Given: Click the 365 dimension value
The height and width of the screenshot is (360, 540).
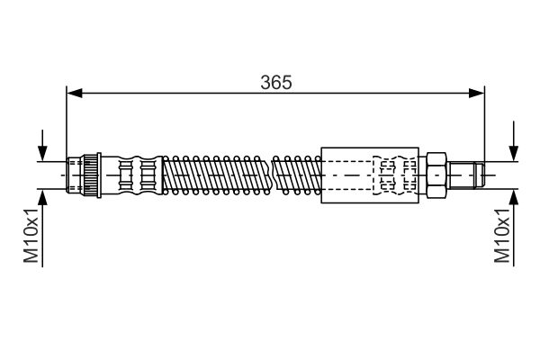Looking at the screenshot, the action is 276,83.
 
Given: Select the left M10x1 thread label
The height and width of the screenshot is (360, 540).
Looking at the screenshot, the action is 31,235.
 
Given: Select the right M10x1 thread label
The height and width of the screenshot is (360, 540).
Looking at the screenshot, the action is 502,235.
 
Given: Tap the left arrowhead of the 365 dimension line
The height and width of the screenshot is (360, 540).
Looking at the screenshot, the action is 75,93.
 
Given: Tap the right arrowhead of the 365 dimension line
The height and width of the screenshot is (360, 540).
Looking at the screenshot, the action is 477,93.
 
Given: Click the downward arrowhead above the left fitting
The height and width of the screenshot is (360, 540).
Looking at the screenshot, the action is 42,153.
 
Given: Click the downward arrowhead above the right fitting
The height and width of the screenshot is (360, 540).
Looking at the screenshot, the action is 514,153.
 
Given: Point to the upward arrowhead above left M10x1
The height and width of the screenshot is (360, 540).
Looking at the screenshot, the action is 42,197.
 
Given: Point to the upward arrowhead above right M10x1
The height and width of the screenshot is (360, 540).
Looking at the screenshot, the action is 514,197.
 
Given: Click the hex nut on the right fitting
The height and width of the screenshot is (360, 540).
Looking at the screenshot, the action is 436,175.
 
